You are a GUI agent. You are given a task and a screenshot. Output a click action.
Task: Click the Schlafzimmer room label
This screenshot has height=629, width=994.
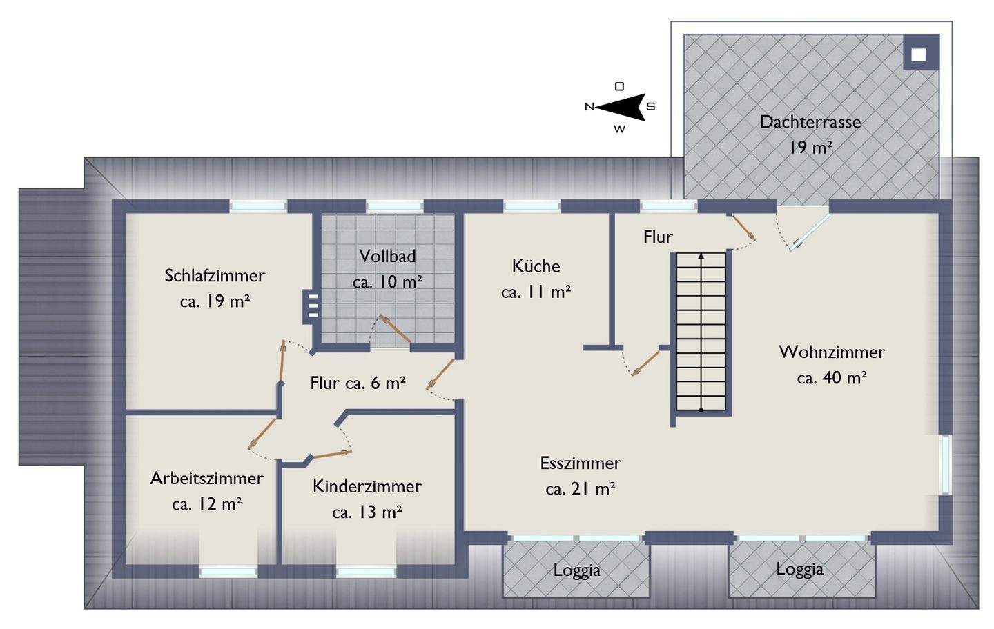coord(214,276)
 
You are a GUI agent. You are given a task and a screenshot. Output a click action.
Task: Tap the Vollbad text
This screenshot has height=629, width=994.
coord(387,257)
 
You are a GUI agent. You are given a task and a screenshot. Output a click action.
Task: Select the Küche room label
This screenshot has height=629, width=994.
coord(536,266)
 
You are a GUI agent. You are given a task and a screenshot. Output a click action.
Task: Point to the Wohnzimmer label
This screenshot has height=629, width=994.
coord(831,352)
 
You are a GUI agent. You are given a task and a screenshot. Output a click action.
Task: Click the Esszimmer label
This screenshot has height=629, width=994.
coord(580,463)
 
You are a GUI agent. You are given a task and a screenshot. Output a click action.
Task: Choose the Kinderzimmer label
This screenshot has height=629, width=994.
coord(367,487)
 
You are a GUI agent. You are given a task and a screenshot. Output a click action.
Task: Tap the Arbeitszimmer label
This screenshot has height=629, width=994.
coord(206,479)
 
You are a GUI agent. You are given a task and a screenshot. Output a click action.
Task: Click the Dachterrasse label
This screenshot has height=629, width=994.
coord(810,123)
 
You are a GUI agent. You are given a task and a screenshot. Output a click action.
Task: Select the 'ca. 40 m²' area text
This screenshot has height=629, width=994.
coord(831,378)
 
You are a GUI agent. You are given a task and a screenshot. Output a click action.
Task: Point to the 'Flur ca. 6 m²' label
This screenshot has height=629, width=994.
coord(357,383)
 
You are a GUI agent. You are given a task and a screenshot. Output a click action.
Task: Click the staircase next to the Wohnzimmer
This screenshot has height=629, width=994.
coord(701,332)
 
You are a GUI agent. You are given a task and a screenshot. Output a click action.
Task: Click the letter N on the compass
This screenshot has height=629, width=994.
coord(589,107)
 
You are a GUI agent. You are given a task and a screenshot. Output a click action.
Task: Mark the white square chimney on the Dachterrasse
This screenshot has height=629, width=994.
coord(918,56)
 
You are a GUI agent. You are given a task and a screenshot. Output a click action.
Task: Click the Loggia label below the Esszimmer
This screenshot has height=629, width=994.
coord(576,571)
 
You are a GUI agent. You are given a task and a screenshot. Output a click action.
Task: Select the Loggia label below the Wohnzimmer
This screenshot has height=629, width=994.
coord(799,570)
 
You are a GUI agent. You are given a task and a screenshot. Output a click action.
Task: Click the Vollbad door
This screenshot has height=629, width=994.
coord(396,330)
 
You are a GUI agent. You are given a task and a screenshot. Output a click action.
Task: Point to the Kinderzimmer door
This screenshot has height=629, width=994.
coord(333,454)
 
